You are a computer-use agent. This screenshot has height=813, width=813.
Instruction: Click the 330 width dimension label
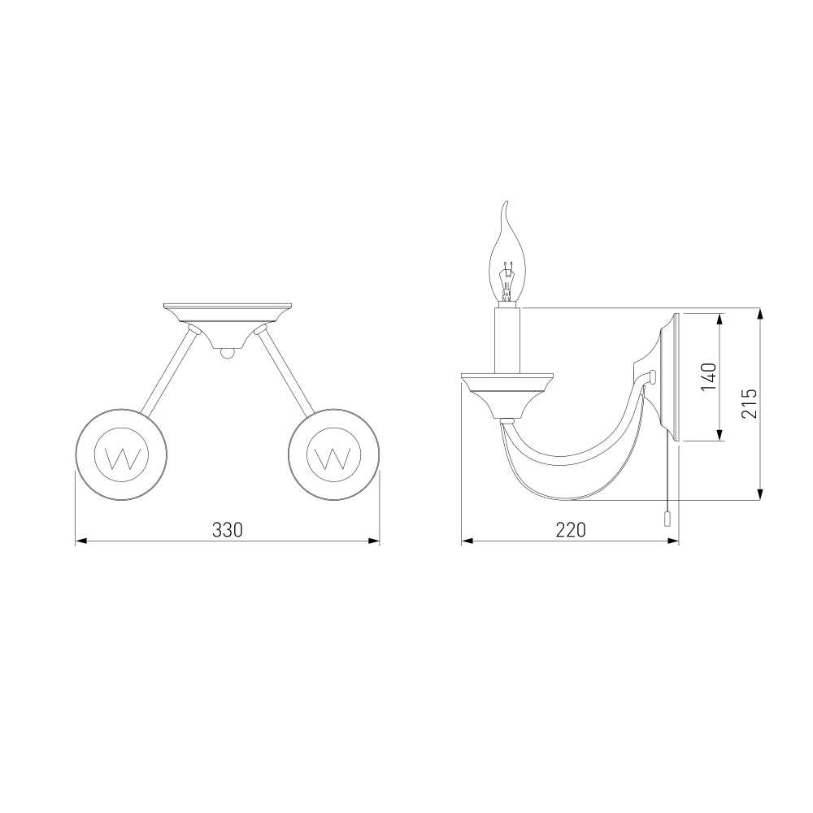[x=227, y=530]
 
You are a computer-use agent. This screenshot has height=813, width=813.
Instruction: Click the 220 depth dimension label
[x=571, y=530]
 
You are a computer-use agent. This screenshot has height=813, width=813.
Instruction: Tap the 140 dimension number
[x=708, y=377]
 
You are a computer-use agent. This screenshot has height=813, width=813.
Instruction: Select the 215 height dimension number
[x=749, y=403]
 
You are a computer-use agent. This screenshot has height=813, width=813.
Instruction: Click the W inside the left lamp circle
[x=121, y=456]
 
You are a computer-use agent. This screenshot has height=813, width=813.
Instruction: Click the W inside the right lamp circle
[x=333, y=456]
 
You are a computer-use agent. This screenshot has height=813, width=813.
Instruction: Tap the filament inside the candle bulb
[x=506, y=283]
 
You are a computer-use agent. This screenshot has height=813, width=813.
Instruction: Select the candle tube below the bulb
[x=506, y=340]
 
